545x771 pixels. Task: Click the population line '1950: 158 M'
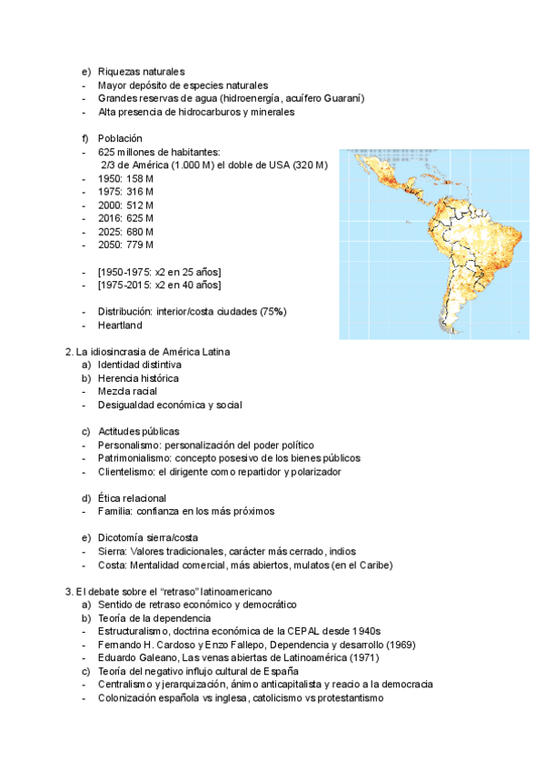pyautogui.click(x=125, y=178)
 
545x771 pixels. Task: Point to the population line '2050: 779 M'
pyautogui.click(x=125, y=245)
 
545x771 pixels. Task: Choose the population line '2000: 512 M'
pyautogui.click(x=125, y=205)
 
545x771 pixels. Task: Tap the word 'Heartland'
pyautogui.click(x=120, y=325)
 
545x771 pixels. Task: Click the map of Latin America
pyautogui.click(x=427, y=244)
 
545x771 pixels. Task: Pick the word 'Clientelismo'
pyautogui.click(x=126, y=472)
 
